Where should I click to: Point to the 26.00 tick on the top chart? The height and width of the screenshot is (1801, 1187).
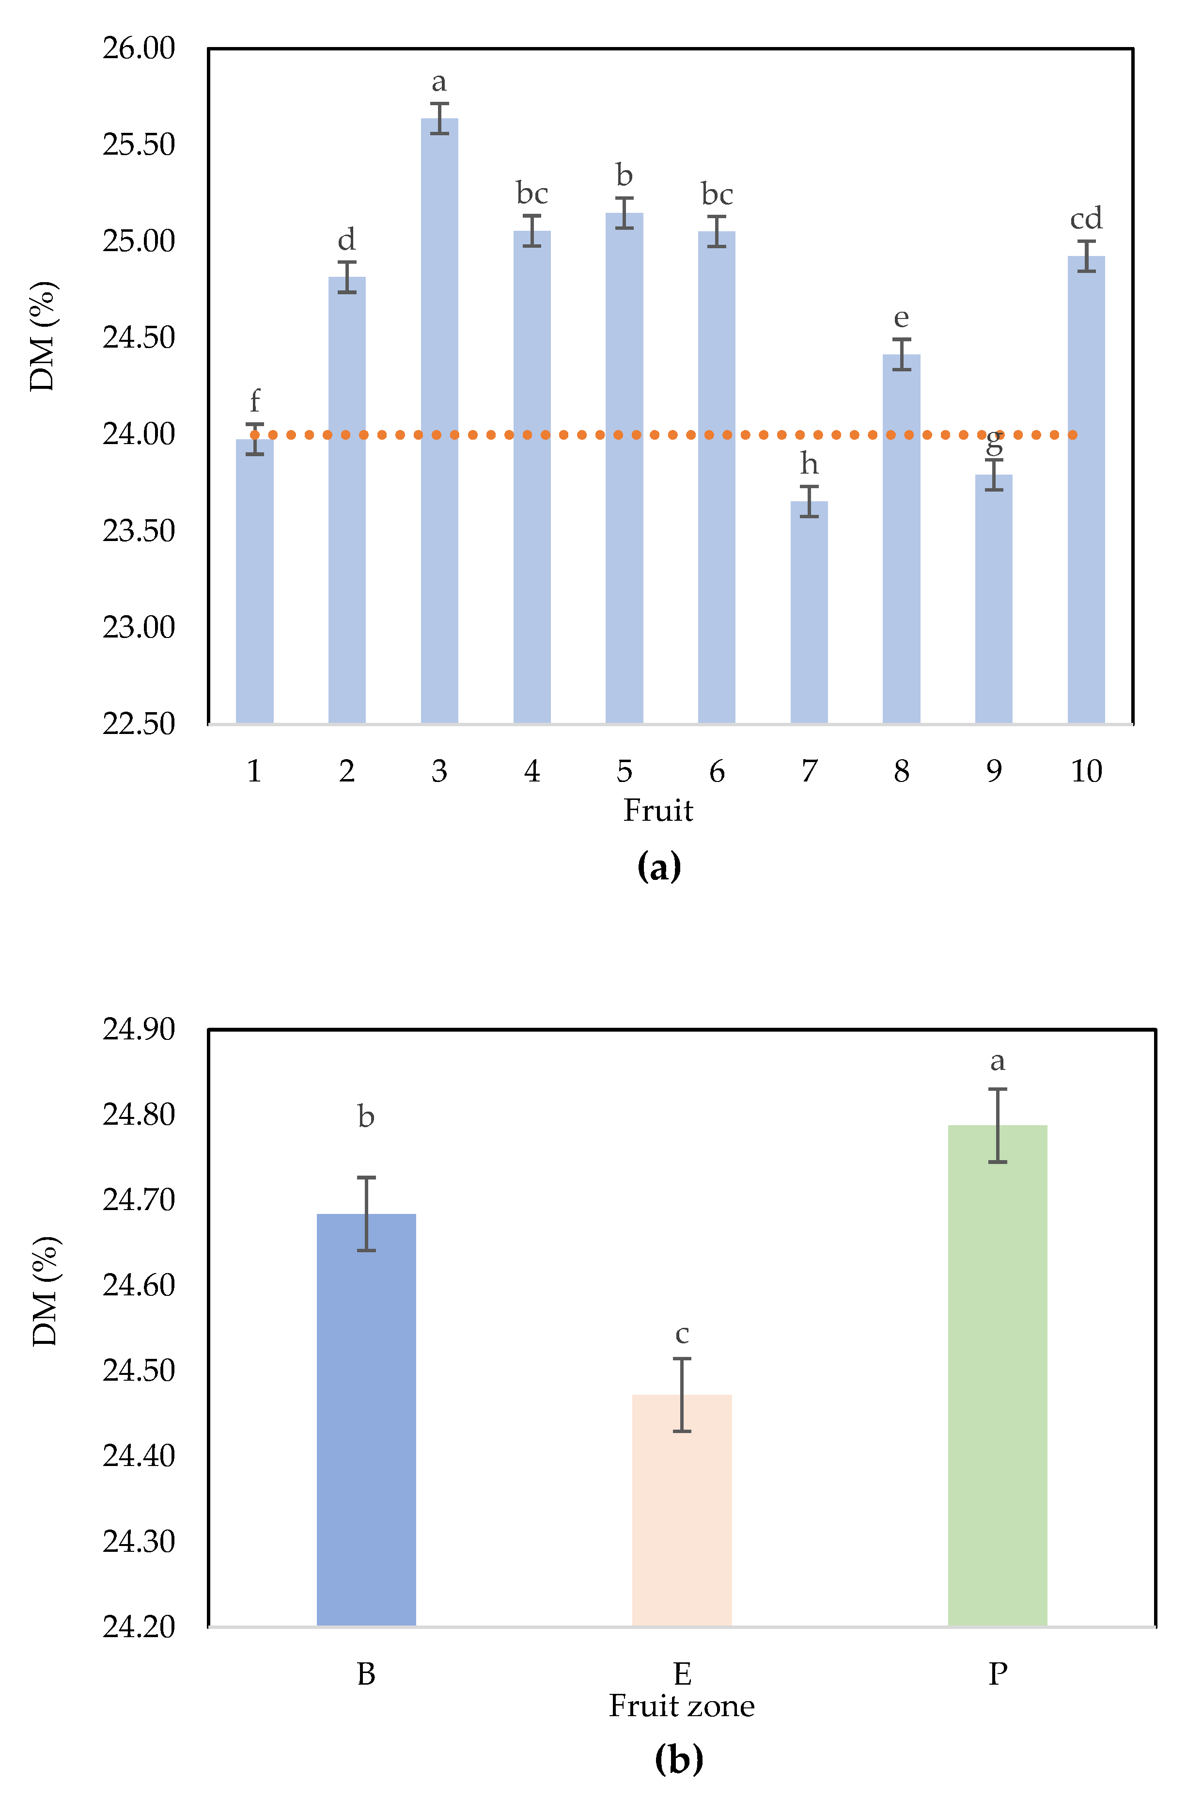pos(139,48)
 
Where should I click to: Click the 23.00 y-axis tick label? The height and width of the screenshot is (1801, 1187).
pos(139,627)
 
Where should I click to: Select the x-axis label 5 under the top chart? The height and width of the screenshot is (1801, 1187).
pos(624,771)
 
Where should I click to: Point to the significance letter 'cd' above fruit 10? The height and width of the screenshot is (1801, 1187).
pos(1086,219)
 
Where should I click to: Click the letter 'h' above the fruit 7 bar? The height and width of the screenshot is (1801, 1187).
pos(809,463)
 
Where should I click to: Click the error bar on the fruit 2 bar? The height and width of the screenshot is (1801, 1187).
pos(347,277)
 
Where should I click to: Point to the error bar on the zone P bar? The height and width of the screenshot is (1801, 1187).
pos(997,1125)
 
